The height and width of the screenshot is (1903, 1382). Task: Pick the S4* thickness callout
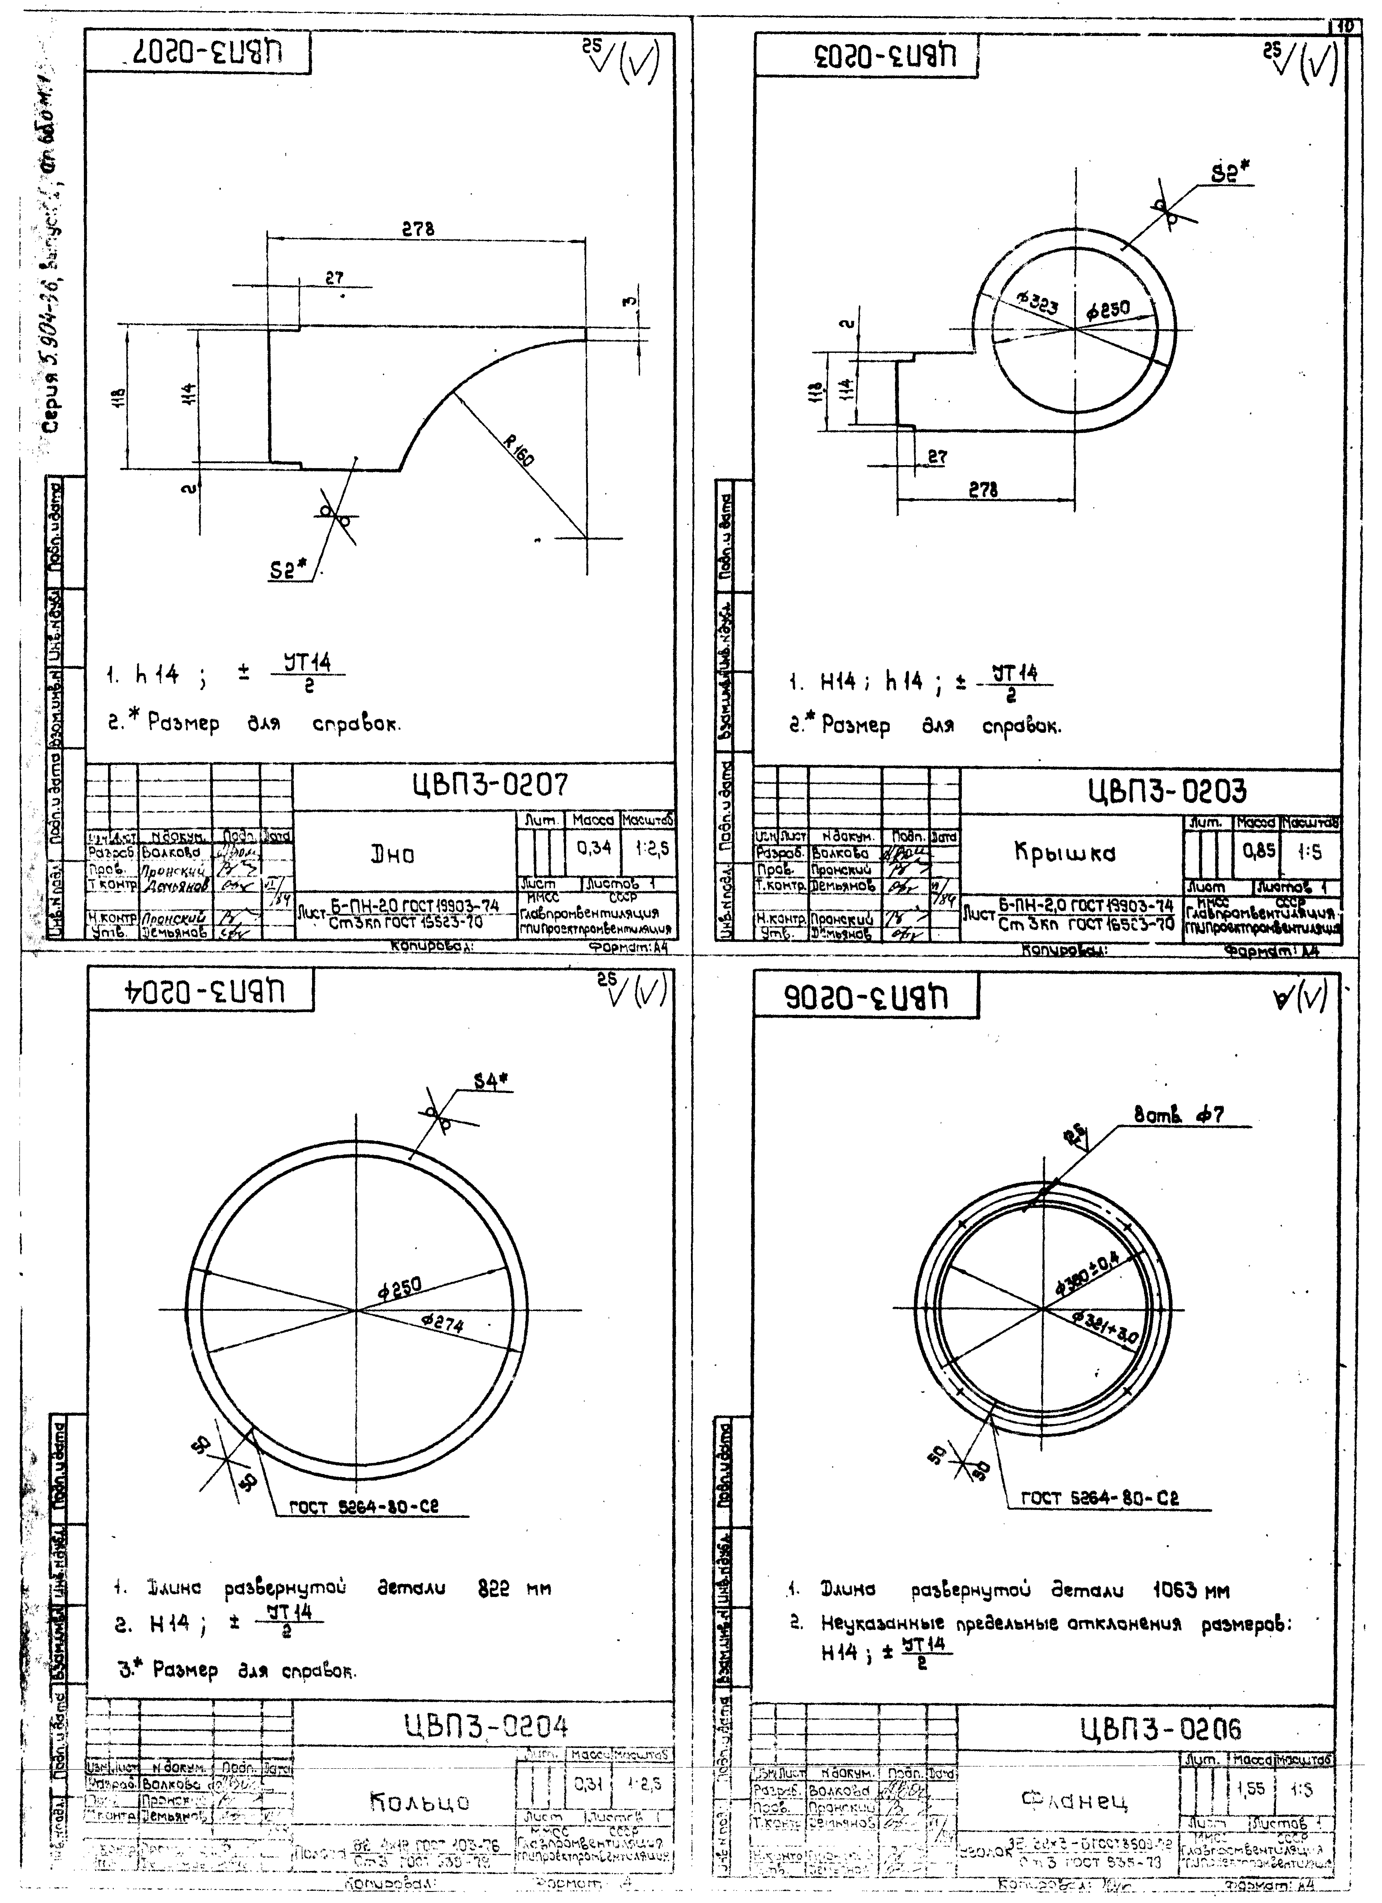(x=493, y=1082)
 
